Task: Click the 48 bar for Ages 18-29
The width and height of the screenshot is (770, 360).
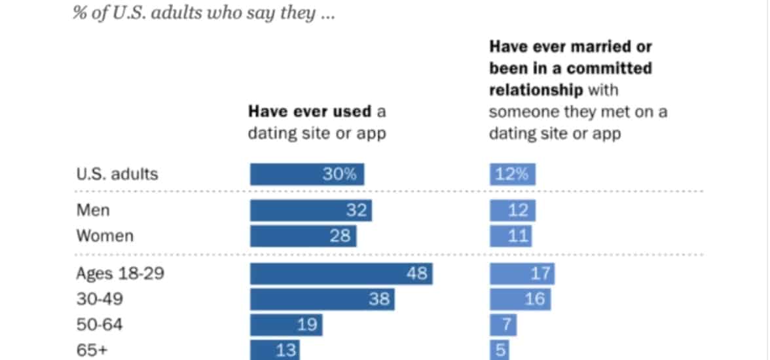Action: pos(341,274)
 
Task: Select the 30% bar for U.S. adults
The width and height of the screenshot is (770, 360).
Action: pos(306,175)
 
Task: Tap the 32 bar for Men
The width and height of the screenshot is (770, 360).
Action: pos(310,211)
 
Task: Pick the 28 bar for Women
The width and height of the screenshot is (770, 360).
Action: pos(303,236)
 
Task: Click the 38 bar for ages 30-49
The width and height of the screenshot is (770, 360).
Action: pos(322,299)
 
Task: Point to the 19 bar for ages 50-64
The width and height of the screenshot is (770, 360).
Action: pos(286,325)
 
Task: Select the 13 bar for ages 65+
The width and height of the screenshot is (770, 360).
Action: pos(275,350)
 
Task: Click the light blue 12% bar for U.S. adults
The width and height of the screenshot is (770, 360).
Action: pos(513,175)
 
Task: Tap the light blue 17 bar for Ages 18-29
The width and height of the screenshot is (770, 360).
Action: pos(522,274)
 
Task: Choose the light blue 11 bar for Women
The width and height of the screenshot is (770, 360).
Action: pos(511,236)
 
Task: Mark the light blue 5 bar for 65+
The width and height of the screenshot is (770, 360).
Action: pos(500,350)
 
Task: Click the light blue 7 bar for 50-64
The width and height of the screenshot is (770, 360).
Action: pos(503,325)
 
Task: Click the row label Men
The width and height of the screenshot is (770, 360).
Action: pos(93,211)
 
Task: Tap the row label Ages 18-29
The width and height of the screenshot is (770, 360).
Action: pos(120,274)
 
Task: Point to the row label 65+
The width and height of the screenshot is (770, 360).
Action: pos(92,350)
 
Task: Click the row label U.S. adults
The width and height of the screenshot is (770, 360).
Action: pos(117,175)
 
